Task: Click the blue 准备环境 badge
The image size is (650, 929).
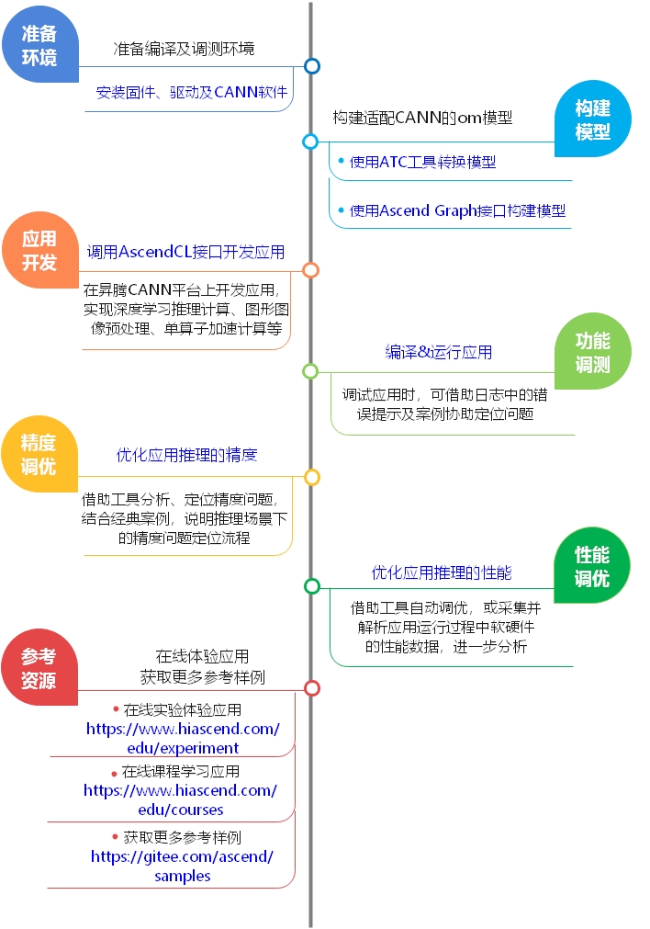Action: pyautogui.click(x=39, y=45)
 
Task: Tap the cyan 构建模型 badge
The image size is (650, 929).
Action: pyautogui.click(x=592, y=119)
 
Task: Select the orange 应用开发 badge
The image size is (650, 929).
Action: pyautogui.click(x=39, y=250)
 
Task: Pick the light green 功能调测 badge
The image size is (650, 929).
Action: pyautogui.click(x=592, y=352)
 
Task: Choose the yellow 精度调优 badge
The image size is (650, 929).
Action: pyautogui.click(x=39, y=455)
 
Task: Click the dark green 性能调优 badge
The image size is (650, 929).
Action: pyautogui.click(x=592, y=566)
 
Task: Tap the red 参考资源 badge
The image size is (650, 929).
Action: pyautogui.click(x=39, y=668)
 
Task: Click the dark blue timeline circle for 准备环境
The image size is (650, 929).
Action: pyautogui.click(x=312, y=66)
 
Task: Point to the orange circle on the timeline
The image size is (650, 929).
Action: pyautogui.click(x=311, y=270)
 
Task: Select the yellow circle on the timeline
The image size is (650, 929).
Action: pyautogui.click(x=312, y=477)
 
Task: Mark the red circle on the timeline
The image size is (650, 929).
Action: pyautogui.click(x=312, y=688)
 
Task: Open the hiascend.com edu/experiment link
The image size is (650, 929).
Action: pyautogui.click(x=183, y=738)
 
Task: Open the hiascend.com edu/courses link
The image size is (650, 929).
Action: pyautogui.click(x=181, y=799)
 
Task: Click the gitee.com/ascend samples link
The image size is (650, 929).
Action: pyautogui.click(x=183, y=867)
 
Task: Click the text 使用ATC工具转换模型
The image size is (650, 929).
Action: pyautogui.click(x=422, y=162)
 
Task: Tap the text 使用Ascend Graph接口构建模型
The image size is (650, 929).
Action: pyautogui.click(x=457, y=210)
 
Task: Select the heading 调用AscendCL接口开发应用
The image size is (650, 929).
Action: pyautogui.click(x=185, y=252)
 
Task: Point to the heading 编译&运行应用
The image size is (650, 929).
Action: pyautogui.click(x=439, y=352)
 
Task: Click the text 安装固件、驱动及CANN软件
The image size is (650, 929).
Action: pyautogui.click(x=192, y=92)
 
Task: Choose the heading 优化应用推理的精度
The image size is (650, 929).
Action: pyautogui.click(x=187, y=455)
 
